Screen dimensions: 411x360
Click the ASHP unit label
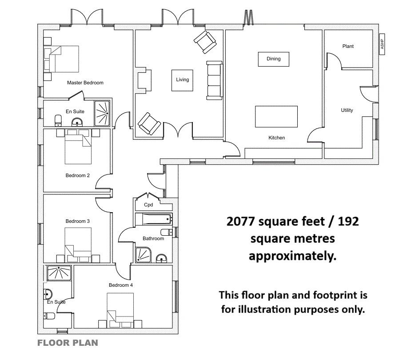[382, 44]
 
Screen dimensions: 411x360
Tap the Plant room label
[348, 46]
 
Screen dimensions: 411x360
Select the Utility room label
[347, 110]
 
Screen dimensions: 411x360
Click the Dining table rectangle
[273, 59]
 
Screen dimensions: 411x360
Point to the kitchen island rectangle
[276, 116]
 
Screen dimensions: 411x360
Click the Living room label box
[182, 80]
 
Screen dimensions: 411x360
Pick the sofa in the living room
[215, 80]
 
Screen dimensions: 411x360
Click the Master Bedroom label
[85, 83]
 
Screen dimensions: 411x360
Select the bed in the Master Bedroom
[61, 59]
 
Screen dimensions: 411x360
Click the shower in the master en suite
[102, 113]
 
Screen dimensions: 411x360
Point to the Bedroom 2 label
[78, 175]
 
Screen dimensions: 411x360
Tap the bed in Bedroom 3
[78, 245]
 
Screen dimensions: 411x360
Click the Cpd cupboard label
[148, 205]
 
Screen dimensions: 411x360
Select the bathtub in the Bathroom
[154, 219]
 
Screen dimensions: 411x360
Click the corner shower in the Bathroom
[143, 255]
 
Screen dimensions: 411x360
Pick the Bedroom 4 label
[121, 285]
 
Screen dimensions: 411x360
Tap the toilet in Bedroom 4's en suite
[49, 316]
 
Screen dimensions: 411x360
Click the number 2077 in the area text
[241, 222]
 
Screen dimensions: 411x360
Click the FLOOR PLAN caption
[68, 343]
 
